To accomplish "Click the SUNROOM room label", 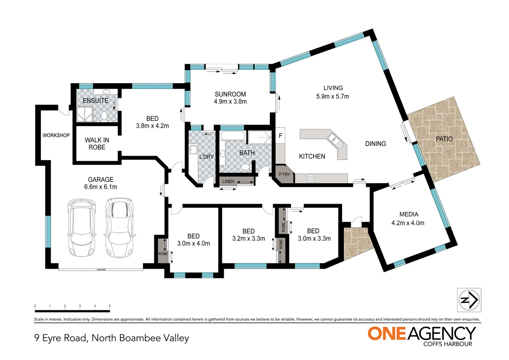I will tap(230, 94).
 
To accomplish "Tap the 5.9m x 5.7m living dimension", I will tap(332, 97).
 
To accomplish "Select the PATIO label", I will tap(444, 139).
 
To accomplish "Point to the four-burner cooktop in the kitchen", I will tap(311, 179).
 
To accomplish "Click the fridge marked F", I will tap(280, 136).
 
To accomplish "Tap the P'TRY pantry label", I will tap(284, 175).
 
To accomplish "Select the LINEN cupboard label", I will tap(228, 181).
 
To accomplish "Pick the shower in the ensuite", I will tap(84, 114).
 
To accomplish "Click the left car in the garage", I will tap(82, 228).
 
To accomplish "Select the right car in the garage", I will tap(120, 228).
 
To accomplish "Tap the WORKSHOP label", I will tap(56, 135).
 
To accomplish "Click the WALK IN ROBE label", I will tap(97, 144).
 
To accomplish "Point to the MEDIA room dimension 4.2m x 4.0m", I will tap(408, 223).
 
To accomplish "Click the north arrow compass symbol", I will tap(469, 300).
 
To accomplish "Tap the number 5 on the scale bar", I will tap(110, 306).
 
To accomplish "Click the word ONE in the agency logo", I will tap(387, 334).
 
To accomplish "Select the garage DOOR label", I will tap(101, 270).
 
